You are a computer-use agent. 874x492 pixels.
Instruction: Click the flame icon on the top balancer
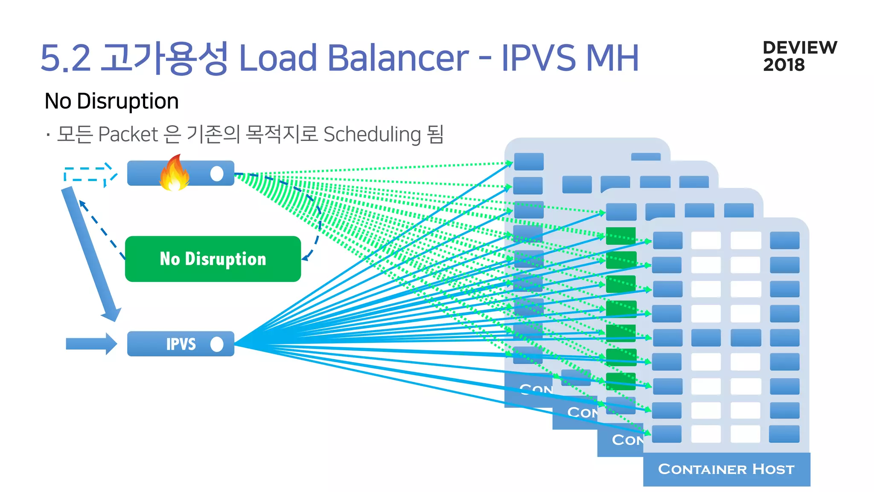[x=174, y=173]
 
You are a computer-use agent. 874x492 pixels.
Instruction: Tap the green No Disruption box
[x=213, y=259]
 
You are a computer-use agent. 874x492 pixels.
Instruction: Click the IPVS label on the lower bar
[x=181, y=344]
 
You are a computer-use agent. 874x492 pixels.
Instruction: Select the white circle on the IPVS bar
[x=217, y=344]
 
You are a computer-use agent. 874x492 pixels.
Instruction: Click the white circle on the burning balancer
[x=217, y=173]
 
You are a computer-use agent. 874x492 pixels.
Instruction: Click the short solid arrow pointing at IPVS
[x=91, y=343]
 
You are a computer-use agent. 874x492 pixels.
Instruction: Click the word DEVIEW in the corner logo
[x=800, y=47]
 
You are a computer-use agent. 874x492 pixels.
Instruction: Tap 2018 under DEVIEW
[x=784, y=65]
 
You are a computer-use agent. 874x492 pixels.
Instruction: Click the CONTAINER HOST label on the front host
[x=726, y=469]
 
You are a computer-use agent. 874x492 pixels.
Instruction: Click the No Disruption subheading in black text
[x=111, y=101]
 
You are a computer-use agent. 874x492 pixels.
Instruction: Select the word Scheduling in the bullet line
[x=372, y=135]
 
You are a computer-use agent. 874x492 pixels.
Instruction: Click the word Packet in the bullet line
[x=128, y=135]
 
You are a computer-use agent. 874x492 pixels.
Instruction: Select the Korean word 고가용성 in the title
[x=164, y=58]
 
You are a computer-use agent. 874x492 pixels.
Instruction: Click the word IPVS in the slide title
[x=538, y=58]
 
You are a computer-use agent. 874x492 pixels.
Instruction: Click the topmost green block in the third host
[x=621, y=236]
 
